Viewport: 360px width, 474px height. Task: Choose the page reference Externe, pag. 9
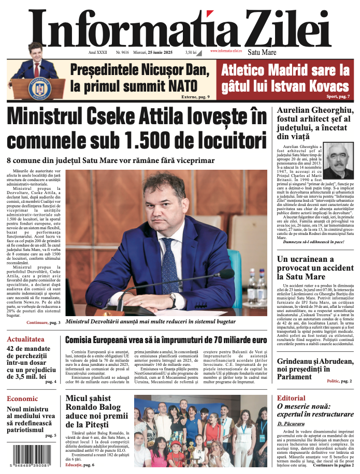(195, 97)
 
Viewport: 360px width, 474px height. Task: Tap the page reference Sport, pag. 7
(338, 97)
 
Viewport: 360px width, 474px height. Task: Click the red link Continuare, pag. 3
(44, 323)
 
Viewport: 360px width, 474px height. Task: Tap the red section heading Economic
(22, 398)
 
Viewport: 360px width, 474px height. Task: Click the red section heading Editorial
(291, 398)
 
